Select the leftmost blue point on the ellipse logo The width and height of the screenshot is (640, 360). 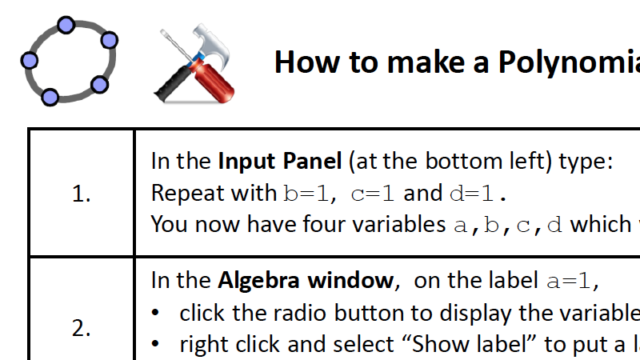coord(30,60)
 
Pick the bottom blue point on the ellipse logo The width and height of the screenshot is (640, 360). coord(50,98)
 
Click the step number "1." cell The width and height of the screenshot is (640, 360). coord(82,194)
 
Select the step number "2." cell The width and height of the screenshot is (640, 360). coord(82,328)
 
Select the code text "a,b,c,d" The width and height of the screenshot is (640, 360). coord(508,225)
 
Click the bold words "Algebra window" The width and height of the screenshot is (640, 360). coord(305,281)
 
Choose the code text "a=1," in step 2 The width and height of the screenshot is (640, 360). coord(573,281)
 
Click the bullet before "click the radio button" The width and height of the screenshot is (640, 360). coord(157,313)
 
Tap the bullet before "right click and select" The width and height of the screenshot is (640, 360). coord(157,345)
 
